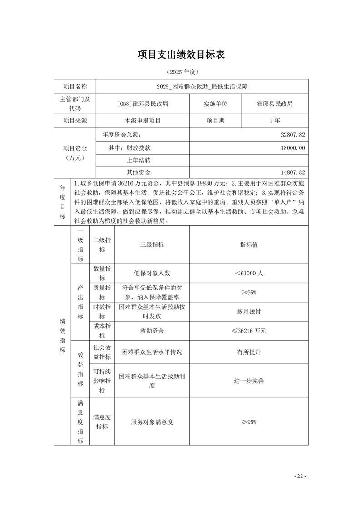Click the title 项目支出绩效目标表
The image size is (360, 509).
click(x=181, y=55)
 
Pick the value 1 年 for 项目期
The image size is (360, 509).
click(x=275, y=121)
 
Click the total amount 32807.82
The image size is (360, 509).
click(x=293, y=135)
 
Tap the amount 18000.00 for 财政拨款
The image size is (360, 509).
click(x=293, y=148)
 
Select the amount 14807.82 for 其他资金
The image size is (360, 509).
click(x=293, y=172)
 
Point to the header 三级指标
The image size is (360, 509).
click(x=152, y=245)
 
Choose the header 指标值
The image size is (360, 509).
click(x=249, y=245)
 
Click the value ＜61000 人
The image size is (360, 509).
click(x=249, y=274)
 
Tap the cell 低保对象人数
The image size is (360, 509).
click(x=152, y=274)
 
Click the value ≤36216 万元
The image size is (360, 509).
click(x=249, y=331)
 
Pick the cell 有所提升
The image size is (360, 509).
click(x=249, y=352)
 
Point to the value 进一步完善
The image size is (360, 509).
click(x=249, y=381)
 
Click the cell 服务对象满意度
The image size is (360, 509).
click(x=152, y=422)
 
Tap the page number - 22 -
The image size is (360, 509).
click(x=300, y=476)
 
